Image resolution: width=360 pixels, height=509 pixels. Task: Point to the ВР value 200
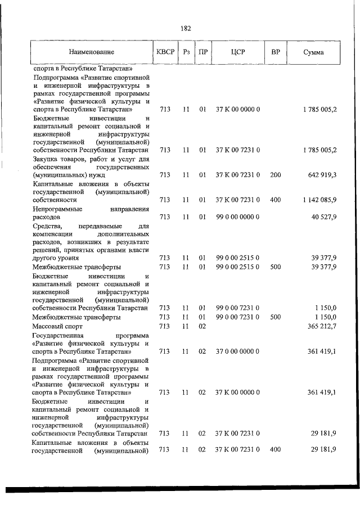click(x=275, y=175)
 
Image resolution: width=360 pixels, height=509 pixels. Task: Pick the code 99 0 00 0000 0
click(x=237, y=216)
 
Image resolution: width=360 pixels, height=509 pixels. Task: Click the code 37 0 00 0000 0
click(x=237, y=350)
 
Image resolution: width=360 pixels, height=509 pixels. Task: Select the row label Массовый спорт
click(x=58, y=326)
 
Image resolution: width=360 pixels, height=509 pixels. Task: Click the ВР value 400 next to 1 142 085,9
click(x=275, y=199)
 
